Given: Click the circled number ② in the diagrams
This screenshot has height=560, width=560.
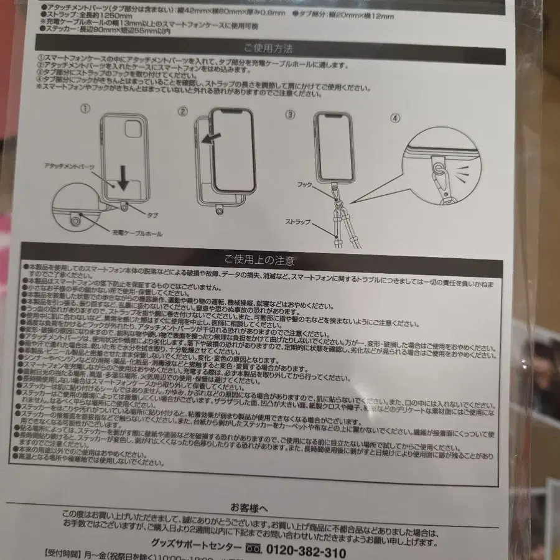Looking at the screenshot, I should coord(183,112).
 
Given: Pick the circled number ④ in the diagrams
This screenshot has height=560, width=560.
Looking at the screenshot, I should coord(397,117).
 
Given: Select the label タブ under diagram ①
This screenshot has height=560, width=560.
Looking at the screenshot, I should coord(152,214).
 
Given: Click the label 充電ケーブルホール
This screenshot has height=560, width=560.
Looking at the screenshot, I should coord(138,234).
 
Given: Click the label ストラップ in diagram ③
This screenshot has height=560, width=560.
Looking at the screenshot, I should coord(299,222).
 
